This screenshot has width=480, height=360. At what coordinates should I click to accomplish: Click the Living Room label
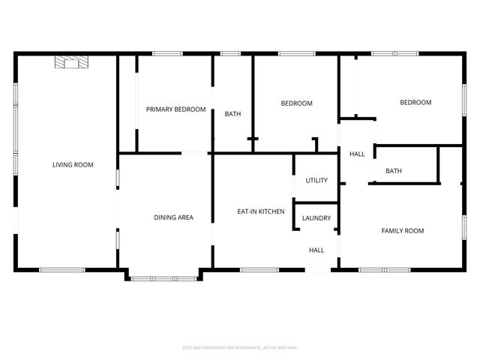click(x=73, y=164)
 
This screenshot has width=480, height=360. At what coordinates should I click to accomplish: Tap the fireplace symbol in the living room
click(x=72, y=63)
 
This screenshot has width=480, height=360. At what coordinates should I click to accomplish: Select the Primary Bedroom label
click(x=175, y=109)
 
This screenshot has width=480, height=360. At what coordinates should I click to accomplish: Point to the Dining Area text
click(x=174, y=217)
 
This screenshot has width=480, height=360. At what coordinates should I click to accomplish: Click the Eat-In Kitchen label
click(x=260, y=211)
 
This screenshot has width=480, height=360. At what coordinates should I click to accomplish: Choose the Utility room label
click(x=316, y=181)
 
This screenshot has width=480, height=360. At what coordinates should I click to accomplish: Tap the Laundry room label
click(x=316, y=218)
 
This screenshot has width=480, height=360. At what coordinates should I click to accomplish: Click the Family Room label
click(x=403, y=231)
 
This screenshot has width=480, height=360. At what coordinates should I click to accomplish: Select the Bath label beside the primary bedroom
click(x=232, y=114)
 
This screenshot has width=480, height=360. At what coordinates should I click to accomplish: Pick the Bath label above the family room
click(x=394, y=171)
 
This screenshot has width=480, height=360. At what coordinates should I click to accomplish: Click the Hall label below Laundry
click(x=316, y=250)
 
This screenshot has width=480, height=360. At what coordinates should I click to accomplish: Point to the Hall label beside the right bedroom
click(x=357, y=154)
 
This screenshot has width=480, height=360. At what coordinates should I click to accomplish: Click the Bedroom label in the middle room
click(x=296, y=103)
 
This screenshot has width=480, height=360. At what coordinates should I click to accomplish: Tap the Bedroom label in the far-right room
click(x=415, y=103)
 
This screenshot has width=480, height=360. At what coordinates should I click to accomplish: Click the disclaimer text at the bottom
click(x=240, y=347)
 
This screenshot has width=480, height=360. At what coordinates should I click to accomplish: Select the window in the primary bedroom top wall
click(x=167, y=53)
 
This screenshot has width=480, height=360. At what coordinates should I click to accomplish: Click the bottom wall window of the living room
click(x=62, y=269)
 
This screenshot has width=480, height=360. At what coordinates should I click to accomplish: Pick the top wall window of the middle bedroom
click(x=293, y=53)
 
